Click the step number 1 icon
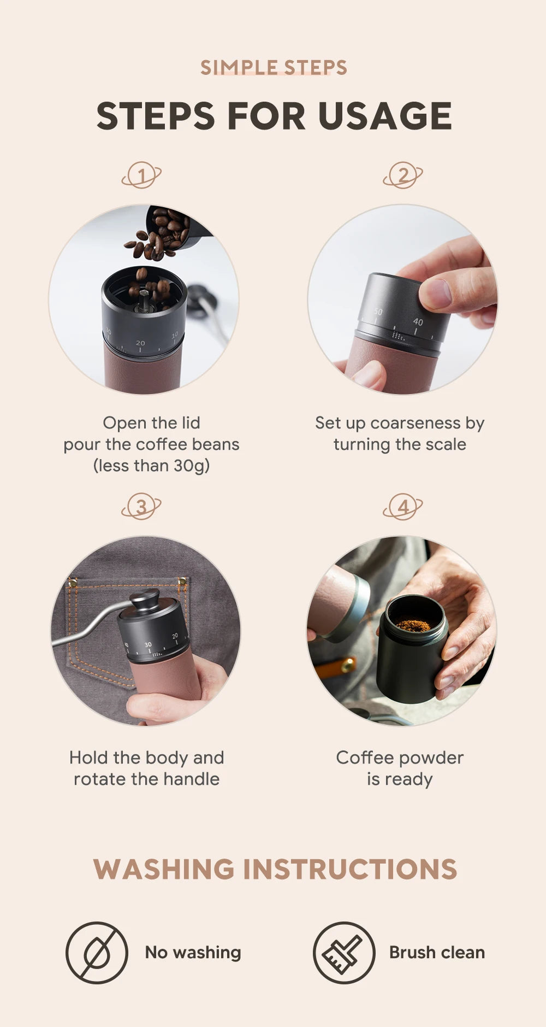141,175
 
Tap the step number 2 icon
403,175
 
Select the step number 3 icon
141,507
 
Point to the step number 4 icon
403,507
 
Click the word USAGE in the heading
384,116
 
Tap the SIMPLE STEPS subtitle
274,68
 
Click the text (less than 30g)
151,466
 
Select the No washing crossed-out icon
97,953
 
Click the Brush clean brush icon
343,953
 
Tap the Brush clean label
437,953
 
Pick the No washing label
193,953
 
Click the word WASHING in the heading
164,869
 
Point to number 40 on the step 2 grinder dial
418,322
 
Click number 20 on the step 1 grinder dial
140,343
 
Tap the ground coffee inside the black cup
413,625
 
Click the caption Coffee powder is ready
400,768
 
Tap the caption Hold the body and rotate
147,768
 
